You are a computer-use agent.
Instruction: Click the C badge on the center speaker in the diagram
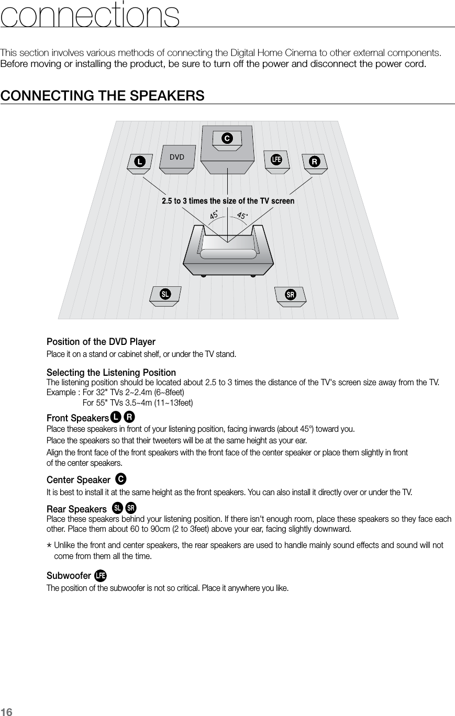tap(227, 138)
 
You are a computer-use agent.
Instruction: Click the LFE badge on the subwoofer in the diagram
tap(276, 159)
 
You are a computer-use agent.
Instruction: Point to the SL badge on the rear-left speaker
tap(165, 294)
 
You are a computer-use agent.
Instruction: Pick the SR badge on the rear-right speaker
tap(290, 295)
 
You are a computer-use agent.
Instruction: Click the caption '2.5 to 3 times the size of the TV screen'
tap(228, 201)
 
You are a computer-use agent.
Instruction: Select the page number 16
tap(6, 710)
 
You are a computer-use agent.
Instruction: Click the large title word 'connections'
tap(90, 16)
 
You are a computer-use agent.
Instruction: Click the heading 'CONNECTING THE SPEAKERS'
tap(103, 96)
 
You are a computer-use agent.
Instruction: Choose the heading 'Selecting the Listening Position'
tap(112, 373)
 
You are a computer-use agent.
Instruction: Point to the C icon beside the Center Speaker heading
tap(121, 479)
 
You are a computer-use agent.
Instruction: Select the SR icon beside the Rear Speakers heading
tap(131, 508)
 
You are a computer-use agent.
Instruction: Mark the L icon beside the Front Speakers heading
tap(115, 417)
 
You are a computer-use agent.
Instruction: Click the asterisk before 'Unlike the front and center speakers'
tap(49, 546)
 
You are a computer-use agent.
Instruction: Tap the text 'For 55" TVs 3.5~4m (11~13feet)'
tap(138, 402)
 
